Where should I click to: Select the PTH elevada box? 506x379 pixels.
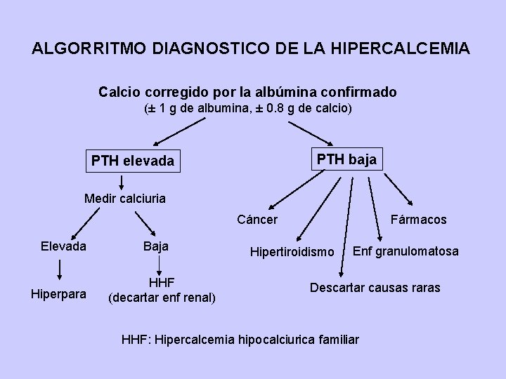(x=132, y=161)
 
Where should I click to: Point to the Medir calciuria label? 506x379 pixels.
(x=125, y=199)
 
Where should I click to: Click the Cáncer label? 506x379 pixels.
(x=257, y=220)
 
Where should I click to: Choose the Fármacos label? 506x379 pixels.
(x=419, y=220)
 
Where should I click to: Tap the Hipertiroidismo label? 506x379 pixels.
(x=292, y=251)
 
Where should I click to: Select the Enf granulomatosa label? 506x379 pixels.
(x=406, y=251)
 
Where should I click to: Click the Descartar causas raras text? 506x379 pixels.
(x=375, y=288)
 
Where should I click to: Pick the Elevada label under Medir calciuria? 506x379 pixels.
(x=63, y=246)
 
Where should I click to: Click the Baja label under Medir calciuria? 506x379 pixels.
(x=155, y=246)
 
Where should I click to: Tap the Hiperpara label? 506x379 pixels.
(x=58, y=294)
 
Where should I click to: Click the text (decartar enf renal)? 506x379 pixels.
(x=162, y=298)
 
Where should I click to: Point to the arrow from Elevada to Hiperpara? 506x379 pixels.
(x=62, y=270)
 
